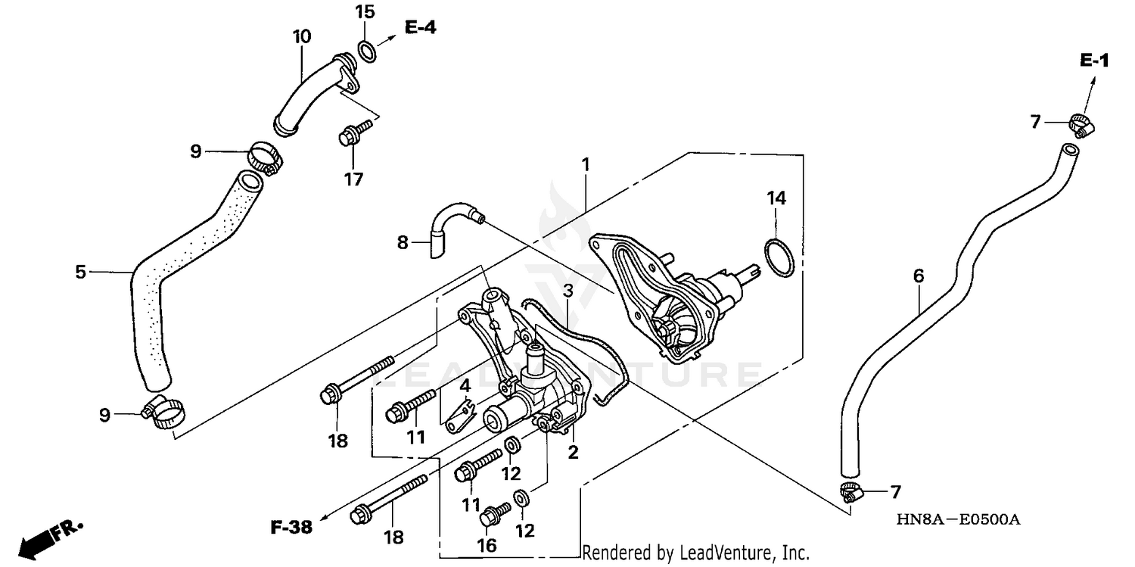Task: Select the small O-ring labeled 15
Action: point(365,51)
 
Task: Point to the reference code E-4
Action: point(420,28)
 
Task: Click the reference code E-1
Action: point(1094,61)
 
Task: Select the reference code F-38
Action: point(291,528)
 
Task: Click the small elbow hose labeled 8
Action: point(450,222)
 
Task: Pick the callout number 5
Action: point(80,271)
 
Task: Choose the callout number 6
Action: point(919,276)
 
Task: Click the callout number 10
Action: point(301,36)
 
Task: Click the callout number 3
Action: point(568,291)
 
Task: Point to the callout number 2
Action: point(573,453)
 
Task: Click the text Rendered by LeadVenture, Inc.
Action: point(695,553)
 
